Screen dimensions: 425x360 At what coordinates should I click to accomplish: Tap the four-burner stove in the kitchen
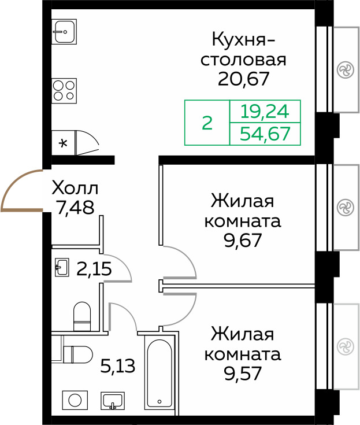pos(64,90)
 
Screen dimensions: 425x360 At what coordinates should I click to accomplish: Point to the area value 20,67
pos(244,77)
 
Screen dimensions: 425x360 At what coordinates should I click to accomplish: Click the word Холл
pos(75,189)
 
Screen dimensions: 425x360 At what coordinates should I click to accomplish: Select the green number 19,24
pos(265,111)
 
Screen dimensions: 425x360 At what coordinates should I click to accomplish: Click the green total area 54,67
pos(265,134)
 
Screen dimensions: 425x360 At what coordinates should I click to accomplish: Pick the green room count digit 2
pos(207,123)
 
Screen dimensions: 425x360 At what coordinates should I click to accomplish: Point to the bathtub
pos(159,374)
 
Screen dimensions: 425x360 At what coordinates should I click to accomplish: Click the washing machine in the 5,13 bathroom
pos(74,400)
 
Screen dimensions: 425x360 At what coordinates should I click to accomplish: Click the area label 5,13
pos(118,366)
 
